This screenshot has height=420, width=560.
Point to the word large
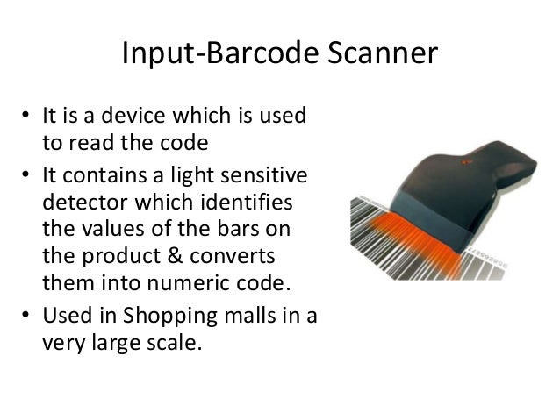(x=118, y=338)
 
